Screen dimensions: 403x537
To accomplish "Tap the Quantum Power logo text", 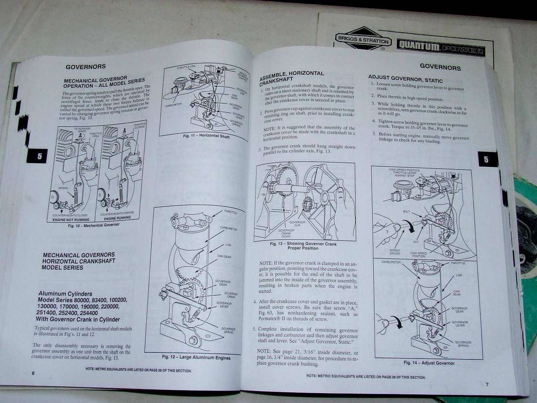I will pyautogui.click(x=440, y=48).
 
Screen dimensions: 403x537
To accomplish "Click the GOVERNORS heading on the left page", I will pyautogui.click(x=85, y=66).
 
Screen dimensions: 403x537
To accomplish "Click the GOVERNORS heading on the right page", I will pyautogui.click(x=440, y=68).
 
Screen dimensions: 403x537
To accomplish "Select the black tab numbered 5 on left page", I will pyautogui.click(x=38, y=156).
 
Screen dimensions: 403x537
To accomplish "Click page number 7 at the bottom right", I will pyautogui.click(x=487, y=384).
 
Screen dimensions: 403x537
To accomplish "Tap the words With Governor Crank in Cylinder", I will pyautogui.click(x=79, y=319).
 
